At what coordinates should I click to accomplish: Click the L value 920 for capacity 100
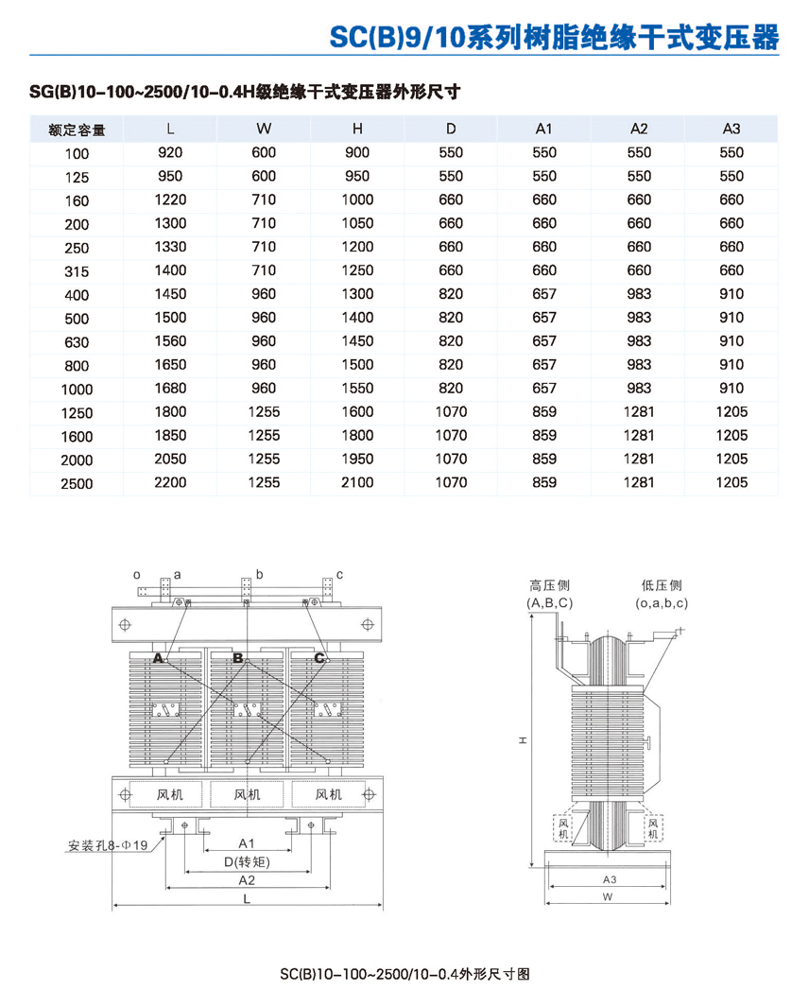(170, 152)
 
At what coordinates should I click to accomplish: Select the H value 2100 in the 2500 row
(357, 482)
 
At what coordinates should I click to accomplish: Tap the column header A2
(639, 129)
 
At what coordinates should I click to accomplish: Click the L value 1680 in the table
(170, 388)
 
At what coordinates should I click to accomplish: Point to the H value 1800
(357, 435)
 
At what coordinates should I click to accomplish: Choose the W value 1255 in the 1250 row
(264, 411)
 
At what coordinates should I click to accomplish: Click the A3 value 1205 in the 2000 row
(732, 459)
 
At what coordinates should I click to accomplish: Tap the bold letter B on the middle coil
(238, 657)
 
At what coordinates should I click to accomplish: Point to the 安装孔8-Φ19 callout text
(108, 845)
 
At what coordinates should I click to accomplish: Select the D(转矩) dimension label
(247, 861)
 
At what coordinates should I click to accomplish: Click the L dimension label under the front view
(247, 900)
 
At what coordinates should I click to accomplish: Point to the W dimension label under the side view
(609, 895)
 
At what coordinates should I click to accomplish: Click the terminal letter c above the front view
(339, 574)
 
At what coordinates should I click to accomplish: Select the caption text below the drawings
(410, 974)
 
